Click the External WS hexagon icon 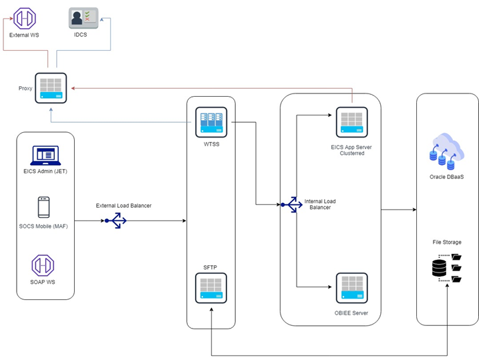[24, 18]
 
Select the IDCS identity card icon [84, 18]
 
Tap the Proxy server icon [51, 88]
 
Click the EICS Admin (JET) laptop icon [45, 156]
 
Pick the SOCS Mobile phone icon [44, 207]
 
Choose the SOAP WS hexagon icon [43, 264]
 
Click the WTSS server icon [211, 122]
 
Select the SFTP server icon [211, 288]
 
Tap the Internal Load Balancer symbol [291, 205]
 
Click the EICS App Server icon [351, 122]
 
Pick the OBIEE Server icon [351, 289]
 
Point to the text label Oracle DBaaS [447, 177]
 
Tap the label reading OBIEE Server [351, 313]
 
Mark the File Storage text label [447, 242]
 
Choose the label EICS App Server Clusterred [351, 150]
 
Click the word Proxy [25, 88]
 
